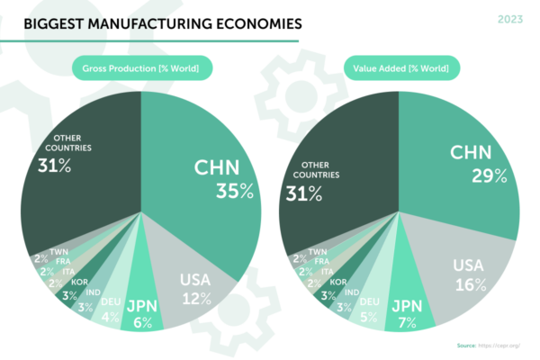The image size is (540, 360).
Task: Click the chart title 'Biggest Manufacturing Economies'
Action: [x=157, y=22]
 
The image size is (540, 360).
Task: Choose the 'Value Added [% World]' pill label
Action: [x=400, y=68]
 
